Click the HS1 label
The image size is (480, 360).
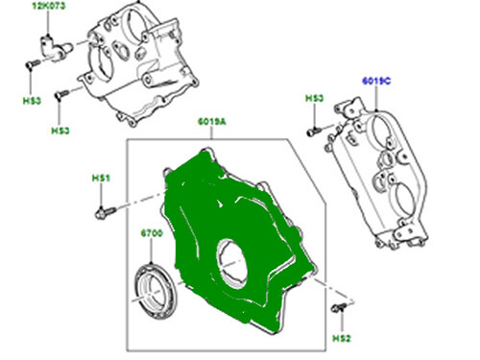point(102,179)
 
